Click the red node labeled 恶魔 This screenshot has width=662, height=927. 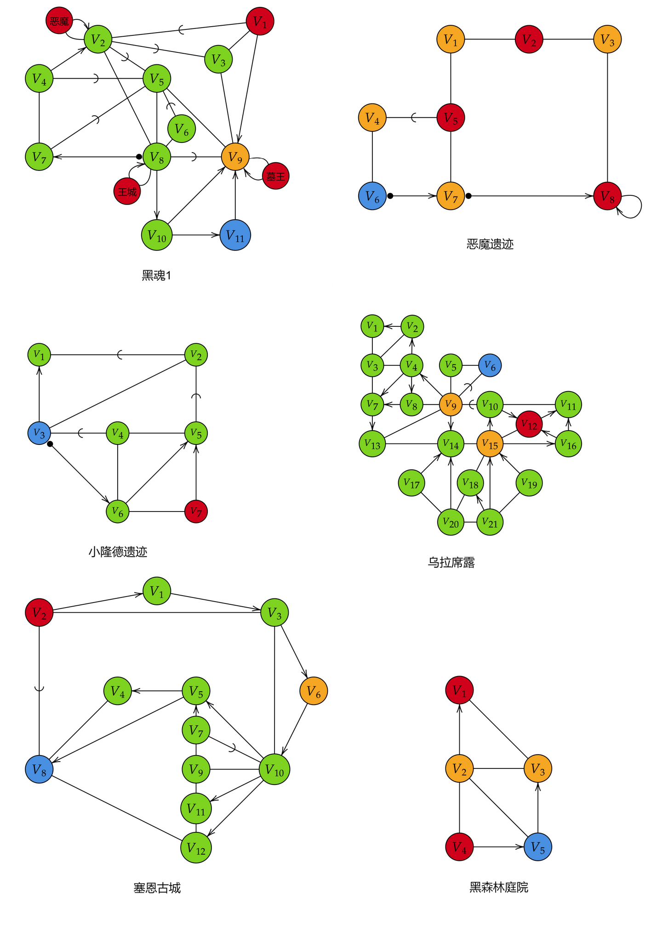[x=59, y=21]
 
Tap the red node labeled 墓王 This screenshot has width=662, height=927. [x=275, y=176]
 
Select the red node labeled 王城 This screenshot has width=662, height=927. [x=127, y=191]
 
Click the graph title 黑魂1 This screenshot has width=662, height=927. [x=156, y=275]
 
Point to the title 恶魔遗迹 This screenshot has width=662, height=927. [x=490, y=244]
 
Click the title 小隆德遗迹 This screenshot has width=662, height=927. [x=118, y=552]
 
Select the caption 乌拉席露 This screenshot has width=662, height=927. [x=451, y=563]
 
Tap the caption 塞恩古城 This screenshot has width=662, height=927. [x=157, y=888]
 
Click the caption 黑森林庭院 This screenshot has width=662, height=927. [x=499, y=887]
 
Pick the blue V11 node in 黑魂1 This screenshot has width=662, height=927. [x=235, y=235]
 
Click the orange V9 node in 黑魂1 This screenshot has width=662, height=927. [x=235, y=157]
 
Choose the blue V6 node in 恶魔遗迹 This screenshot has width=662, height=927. [x=372, y=196]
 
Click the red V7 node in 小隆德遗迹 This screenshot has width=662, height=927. [x=196, y=512]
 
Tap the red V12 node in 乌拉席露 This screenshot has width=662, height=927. [x=529, y=424]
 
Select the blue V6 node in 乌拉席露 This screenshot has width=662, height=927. [x=490, y=366]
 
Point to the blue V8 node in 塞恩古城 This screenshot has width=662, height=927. [x=39, y=769]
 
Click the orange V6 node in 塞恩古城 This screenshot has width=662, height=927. [x=314, y=691]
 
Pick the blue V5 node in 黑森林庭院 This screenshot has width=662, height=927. [x=538, y=847]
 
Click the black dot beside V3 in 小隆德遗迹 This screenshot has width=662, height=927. [x=50, y=444]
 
